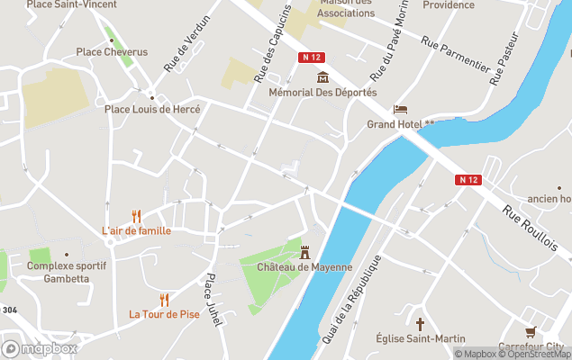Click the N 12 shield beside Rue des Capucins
(x=311, y=57)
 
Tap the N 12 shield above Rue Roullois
(x=468, y=180)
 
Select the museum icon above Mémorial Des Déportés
(x=322, y=77)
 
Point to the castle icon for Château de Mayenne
(x=304, y=252)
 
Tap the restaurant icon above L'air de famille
(x=137, y=216)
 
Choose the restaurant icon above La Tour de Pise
(x=164, y=300)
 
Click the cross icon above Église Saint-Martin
(x=420, y=323)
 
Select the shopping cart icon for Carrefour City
(x=531, y=332)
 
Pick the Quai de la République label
(x=350, y=300)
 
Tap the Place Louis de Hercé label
(x=152, y=109)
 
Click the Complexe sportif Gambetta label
(x=67, y=272)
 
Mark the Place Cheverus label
(x=112, y=52)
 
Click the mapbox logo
(x=40, y=348)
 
